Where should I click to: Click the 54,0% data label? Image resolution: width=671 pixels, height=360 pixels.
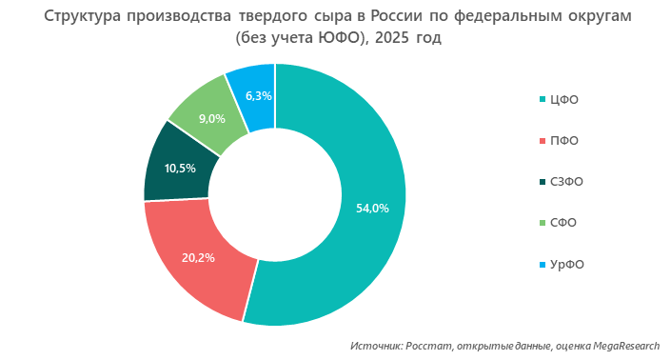(x=372, y=209)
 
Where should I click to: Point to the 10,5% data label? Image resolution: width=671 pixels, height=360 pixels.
(x=180, y=169)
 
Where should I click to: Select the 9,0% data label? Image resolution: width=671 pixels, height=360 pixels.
(x=211, y=119)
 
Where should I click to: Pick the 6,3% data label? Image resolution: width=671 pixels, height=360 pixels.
(x=259, y=95)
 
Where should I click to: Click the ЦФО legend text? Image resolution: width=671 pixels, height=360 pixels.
(x=564, y=100)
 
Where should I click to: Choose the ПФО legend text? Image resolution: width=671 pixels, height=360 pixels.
(x=564, y=141)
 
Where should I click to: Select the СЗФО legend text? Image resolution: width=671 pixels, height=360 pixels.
(x=568, y=182)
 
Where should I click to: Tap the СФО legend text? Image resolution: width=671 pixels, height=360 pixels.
(x=564, y=223)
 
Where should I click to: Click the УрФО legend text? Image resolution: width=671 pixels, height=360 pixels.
(x=567, y=264)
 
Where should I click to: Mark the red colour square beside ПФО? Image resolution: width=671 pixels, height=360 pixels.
(x=543, y=141)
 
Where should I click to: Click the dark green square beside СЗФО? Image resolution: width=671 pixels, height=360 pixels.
(x=543, y=182)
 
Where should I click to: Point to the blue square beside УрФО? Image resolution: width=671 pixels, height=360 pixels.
(x=543, y=264)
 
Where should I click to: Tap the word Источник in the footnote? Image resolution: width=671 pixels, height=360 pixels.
(x=376, y=346)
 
